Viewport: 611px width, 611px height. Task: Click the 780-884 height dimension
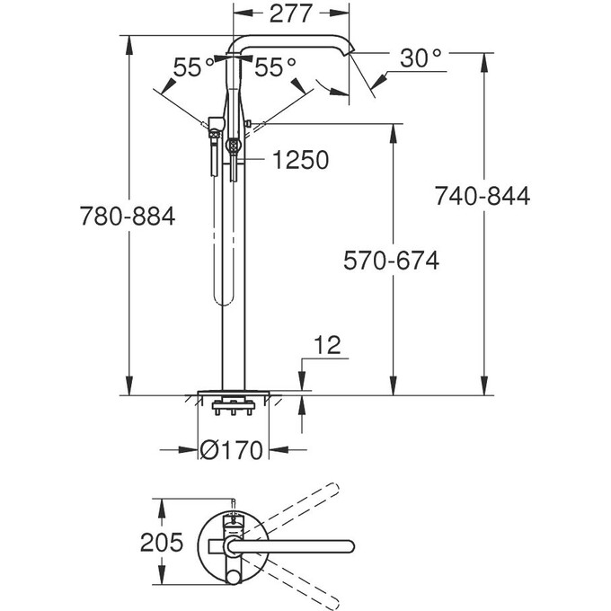click(127, 217)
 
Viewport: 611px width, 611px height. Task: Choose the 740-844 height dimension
click(483, 195)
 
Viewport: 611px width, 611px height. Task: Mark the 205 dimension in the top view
click(162, 542)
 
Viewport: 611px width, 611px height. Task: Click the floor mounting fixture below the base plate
click(232, 409)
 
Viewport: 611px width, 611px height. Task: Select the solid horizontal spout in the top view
click(297, 545)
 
